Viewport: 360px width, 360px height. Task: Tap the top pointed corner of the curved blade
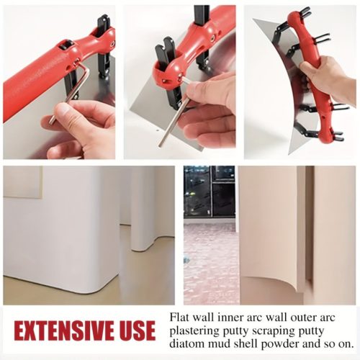click(254, 19)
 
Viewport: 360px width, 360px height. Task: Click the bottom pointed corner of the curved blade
click(289, 154)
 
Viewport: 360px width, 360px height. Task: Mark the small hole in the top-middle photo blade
click(157, 131)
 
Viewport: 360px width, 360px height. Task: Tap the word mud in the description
click(220, 344)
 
